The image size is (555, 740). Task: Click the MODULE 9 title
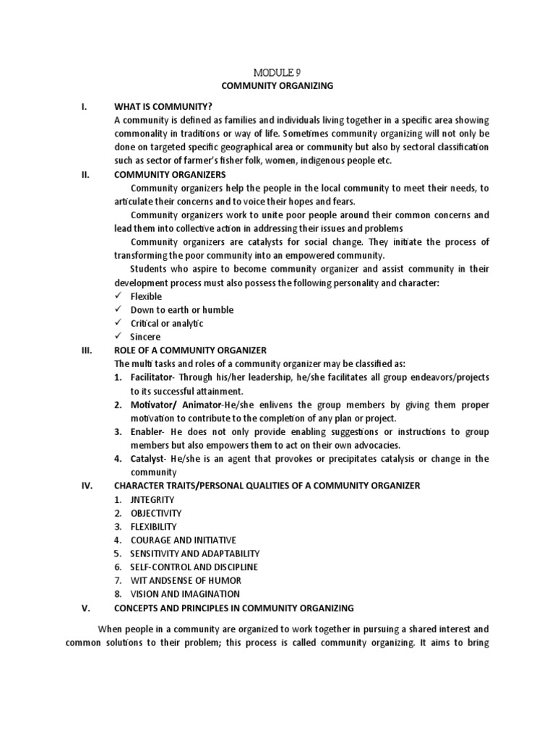pyautogui.click(x=277, y=72)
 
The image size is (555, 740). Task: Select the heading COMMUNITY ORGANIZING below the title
pyautogui.click(x=277, y=86)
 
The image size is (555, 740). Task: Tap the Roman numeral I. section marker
pyautogui.click(x=84, y=107)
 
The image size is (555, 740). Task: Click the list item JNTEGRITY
pyautogui.click(x=152, y=499)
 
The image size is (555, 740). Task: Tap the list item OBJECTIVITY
pyautogui.click(x=157, y=513)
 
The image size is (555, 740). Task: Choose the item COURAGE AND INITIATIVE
pyautogui.click(x=184, y=540)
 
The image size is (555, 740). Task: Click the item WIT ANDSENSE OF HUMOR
pyautogui.click(x=186, y=580)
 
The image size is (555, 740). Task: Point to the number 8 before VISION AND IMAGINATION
pyautogui.click(x=117, y=594)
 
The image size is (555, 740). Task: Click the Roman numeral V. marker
pyautogui.click(x=85, y=607)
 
